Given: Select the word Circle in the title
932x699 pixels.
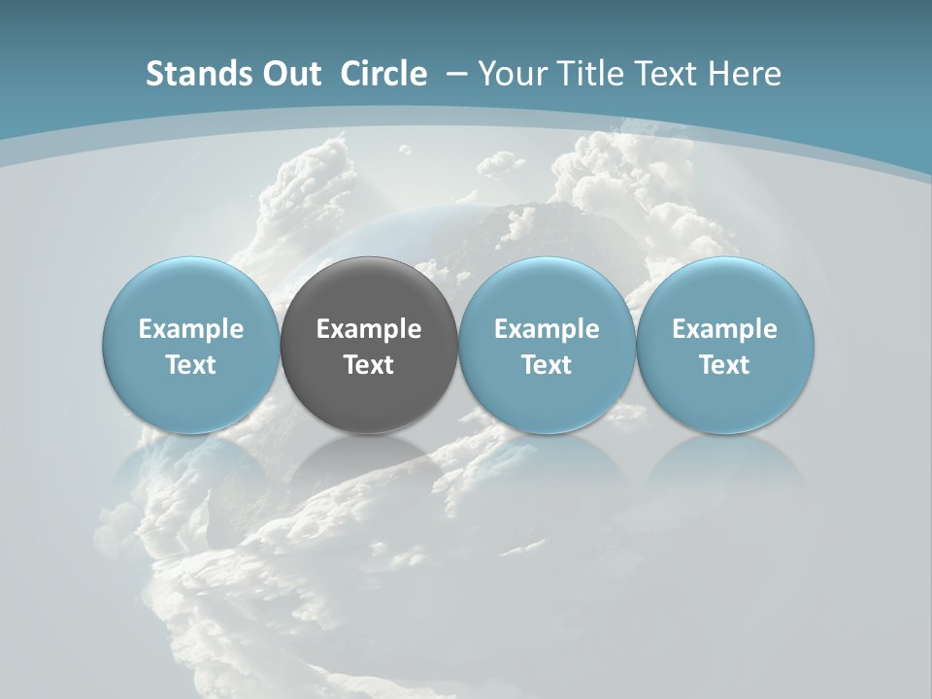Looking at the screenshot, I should [x=383, y=74].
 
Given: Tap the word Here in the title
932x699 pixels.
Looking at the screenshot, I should [x=746, y=74].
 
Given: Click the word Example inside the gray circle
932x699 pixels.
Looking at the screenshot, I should [x=369, y=329].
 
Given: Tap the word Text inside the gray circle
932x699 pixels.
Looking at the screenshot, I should [x=369, y=365].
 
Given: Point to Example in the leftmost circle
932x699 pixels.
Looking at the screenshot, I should [x=191, y=329].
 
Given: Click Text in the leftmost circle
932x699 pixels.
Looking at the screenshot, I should [x=191, y=365].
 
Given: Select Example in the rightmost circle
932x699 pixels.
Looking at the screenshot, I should [x=725, y=329].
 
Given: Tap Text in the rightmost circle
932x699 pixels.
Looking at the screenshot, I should [x=725, y=365].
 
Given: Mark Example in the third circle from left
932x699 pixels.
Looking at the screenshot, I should [x=547, y=329].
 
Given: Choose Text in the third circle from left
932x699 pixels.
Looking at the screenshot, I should [x=547, y=365].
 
